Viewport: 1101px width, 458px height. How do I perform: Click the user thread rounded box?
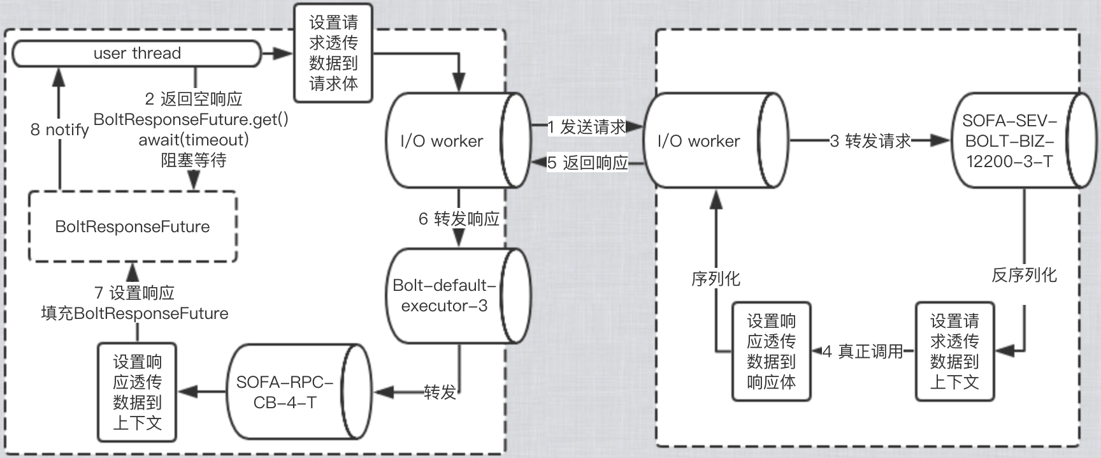click(x=136, y=54)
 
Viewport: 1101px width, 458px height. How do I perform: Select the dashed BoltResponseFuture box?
click(x=133, y=226)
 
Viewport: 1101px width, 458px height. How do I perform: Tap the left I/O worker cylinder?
click(x=446, y=141)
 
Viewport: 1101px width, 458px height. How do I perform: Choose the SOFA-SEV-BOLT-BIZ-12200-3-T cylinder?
click(x=1013, y=141)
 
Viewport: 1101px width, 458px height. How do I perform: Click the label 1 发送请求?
click(x=586, y=127)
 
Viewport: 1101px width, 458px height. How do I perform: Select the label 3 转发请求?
click(x=870, y=141)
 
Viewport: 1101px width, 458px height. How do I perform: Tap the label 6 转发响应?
click(x=459, y=219)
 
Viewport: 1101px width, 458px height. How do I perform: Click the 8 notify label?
click(x=59, y=129)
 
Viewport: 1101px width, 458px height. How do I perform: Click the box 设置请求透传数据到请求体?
click(x=333, y=53)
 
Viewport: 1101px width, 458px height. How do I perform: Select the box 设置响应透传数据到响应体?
click(x=771, y=351)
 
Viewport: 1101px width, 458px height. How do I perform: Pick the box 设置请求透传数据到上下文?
click(x=954, y=351)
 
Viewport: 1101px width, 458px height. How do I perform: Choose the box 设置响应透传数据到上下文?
click(x=137, y=392)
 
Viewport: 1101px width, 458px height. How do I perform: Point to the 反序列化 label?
click(x=1024, y=275)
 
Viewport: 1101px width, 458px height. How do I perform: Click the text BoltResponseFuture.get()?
click(x=191, y=119)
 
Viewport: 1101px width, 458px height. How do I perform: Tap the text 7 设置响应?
click(x=134, y=293)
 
